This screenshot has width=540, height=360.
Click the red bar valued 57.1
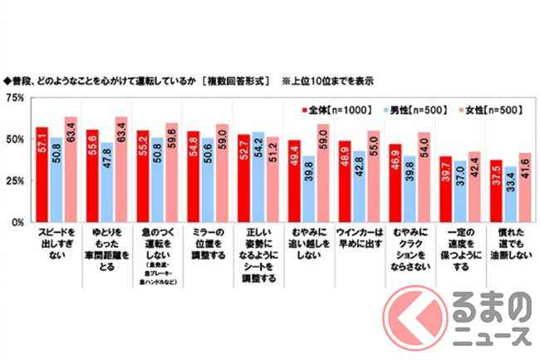click(42, 175)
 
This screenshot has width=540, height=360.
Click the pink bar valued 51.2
click(272, 180)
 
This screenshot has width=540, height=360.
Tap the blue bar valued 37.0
click(459, 192)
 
